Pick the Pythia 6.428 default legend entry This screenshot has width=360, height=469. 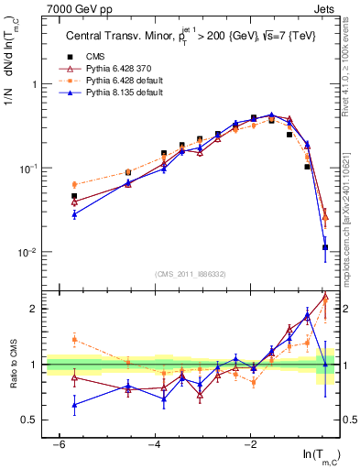point(117,81)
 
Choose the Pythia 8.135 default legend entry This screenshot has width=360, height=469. point(117,93)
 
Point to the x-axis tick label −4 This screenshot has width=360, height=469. point(155,444)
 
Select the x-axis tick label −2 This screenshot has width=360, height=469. point(251,444)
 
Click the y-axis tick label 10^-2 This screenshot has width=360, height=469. point(27,252)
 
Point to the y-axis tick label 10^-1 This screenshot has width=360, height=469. point(27,169)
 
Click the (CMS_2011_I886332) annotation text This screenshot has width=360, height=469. point(191,274)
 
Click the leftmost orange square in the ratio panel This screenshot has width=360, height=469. point(74,339)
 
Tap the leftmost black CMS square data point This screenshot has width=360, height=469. point(74,196)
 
